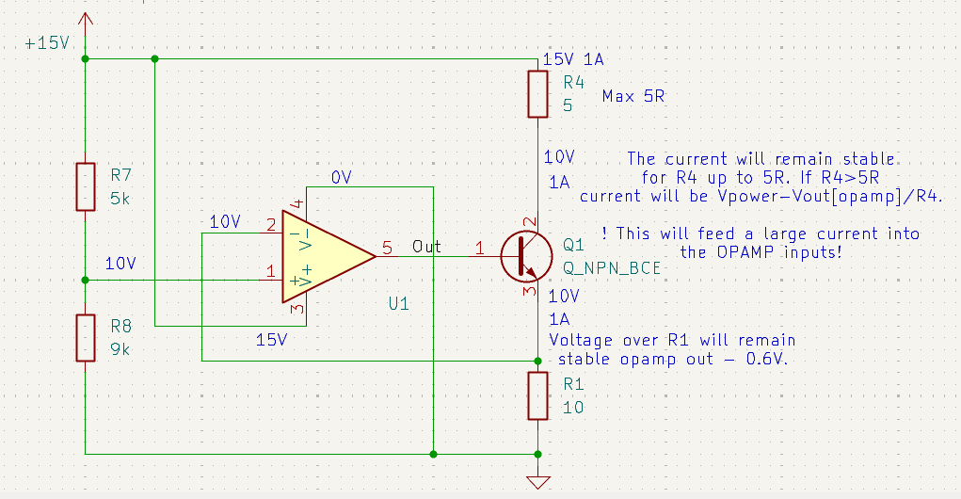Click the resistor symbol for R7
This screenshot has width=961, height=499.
click(x=86, y=186)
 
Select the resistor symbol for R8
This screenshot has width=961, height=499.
click(x=86, y=338)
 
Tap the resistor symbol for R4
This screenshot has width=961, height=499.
click(x=537, y=93)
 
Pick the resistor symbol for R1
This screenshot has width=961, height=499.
click(x=537, y=395)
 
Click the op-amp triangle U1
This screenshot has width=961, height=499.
click(x=325, y=255)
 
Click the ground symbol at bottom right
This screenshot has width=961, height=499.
click(x=537, y=482)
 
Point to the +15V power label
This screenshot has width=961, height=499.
click(x=47, y=44)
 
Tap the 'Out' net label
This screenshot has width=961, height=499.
click(x=426, y=246)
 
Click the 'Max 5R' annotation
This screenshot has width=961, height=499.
click(x=633, y=96)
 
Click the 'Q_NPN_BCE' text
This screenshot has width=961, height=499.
click(x=611, y=267)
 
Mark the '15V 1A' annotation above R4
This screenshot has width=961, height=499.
click(x=573, y=59)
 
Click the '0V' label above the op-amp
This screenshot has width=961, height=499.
click(x=342, y=178)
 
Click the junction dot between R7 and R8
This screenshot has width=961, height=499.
click(x=86, y=280)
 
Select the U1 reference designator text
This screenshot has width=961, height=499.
click(x=399, y=303)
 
